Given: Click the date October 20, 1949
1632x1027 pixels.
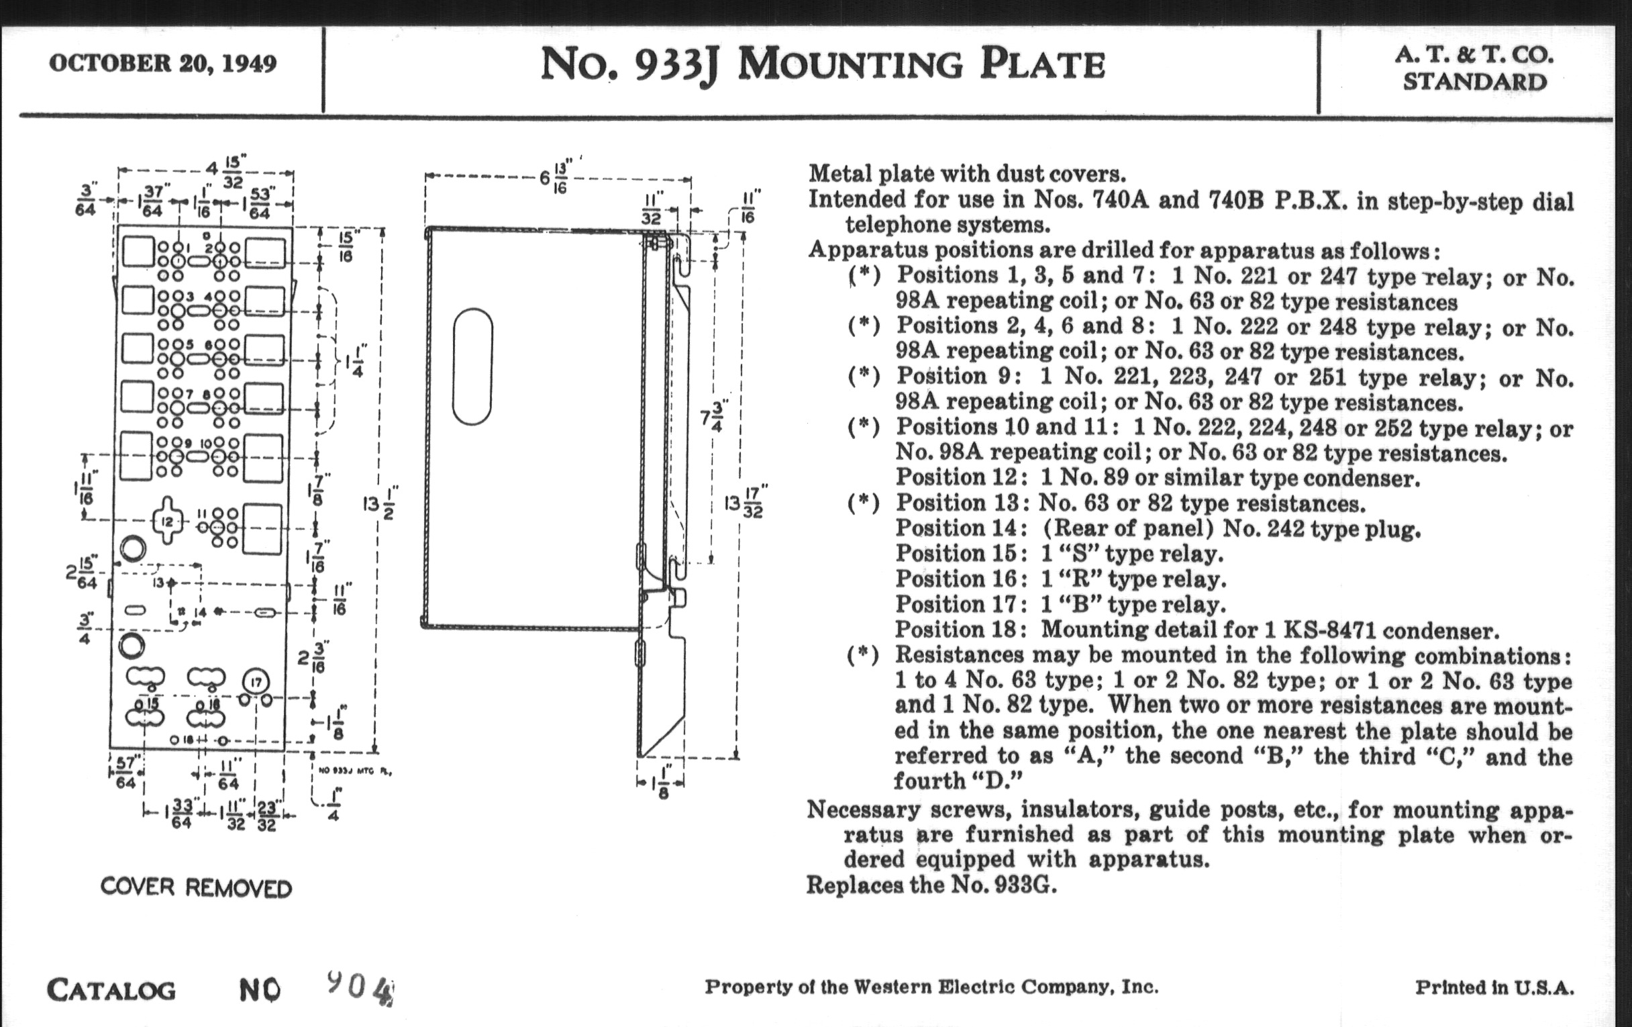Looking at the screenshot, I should click(162, 64).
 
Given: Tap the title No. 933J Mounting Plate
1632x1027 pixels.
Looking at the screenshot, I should click(822, 66).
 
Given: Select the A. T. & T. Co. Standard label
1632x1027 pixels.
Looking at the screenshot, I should click(1475, 68).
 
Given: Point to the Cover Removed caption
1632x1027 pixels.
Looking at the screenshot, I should click(196, 887).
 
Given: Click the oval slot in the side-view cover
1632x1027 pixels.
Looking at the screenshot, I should click(472, 366).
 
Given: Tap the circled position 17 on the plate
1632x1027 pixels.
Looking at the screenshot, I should click(256, 682).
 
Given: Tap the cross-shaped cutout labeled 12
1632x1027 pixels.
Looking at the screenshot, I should click(166, 521).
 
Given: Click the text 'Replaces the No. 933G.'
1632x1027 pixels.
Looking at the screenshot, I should click(931, 885).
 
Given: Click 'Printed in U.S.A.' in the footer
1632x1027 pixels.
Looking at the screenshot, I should click(1494, 987).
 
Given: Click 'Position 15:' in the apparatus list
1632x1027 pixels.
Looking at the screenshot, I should click(957, 554).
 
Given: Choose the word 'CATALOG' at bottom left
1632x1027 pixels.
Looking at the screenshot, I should click(111, 990).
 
